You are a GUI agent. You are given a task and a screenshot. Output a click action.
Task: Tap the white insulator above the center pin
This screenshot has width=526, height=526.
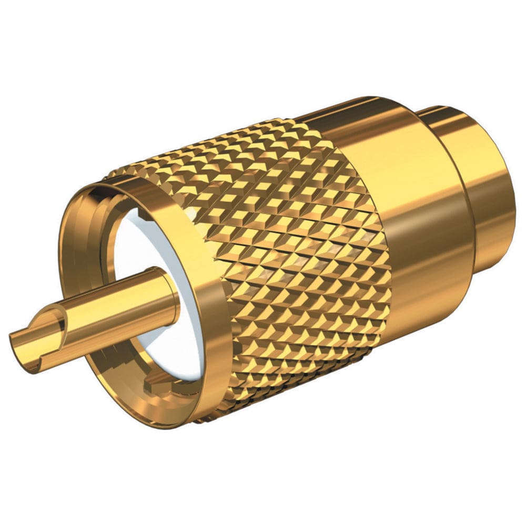158,237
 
